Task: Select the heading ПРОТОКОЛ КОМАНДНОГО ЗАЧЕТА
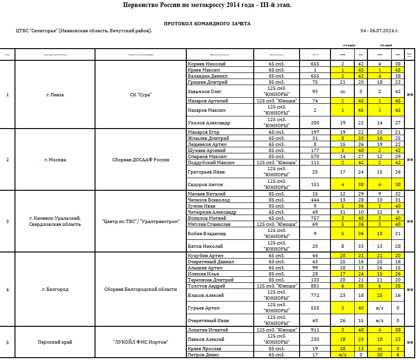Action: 207,23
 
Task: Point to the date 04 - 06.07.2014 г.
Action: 380,31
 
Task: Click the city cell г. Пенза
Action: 55,95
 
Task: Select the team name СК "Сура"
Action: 141,95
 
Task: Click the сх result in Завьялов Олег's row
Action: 343,92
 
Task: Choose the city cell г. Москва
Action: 55,160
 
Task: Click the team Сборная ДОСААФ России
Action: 141,160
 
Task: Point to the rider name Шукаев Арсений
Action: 206,151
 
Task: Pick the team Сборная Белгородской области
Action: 141,289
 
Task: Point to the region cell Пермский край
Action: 55,342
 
